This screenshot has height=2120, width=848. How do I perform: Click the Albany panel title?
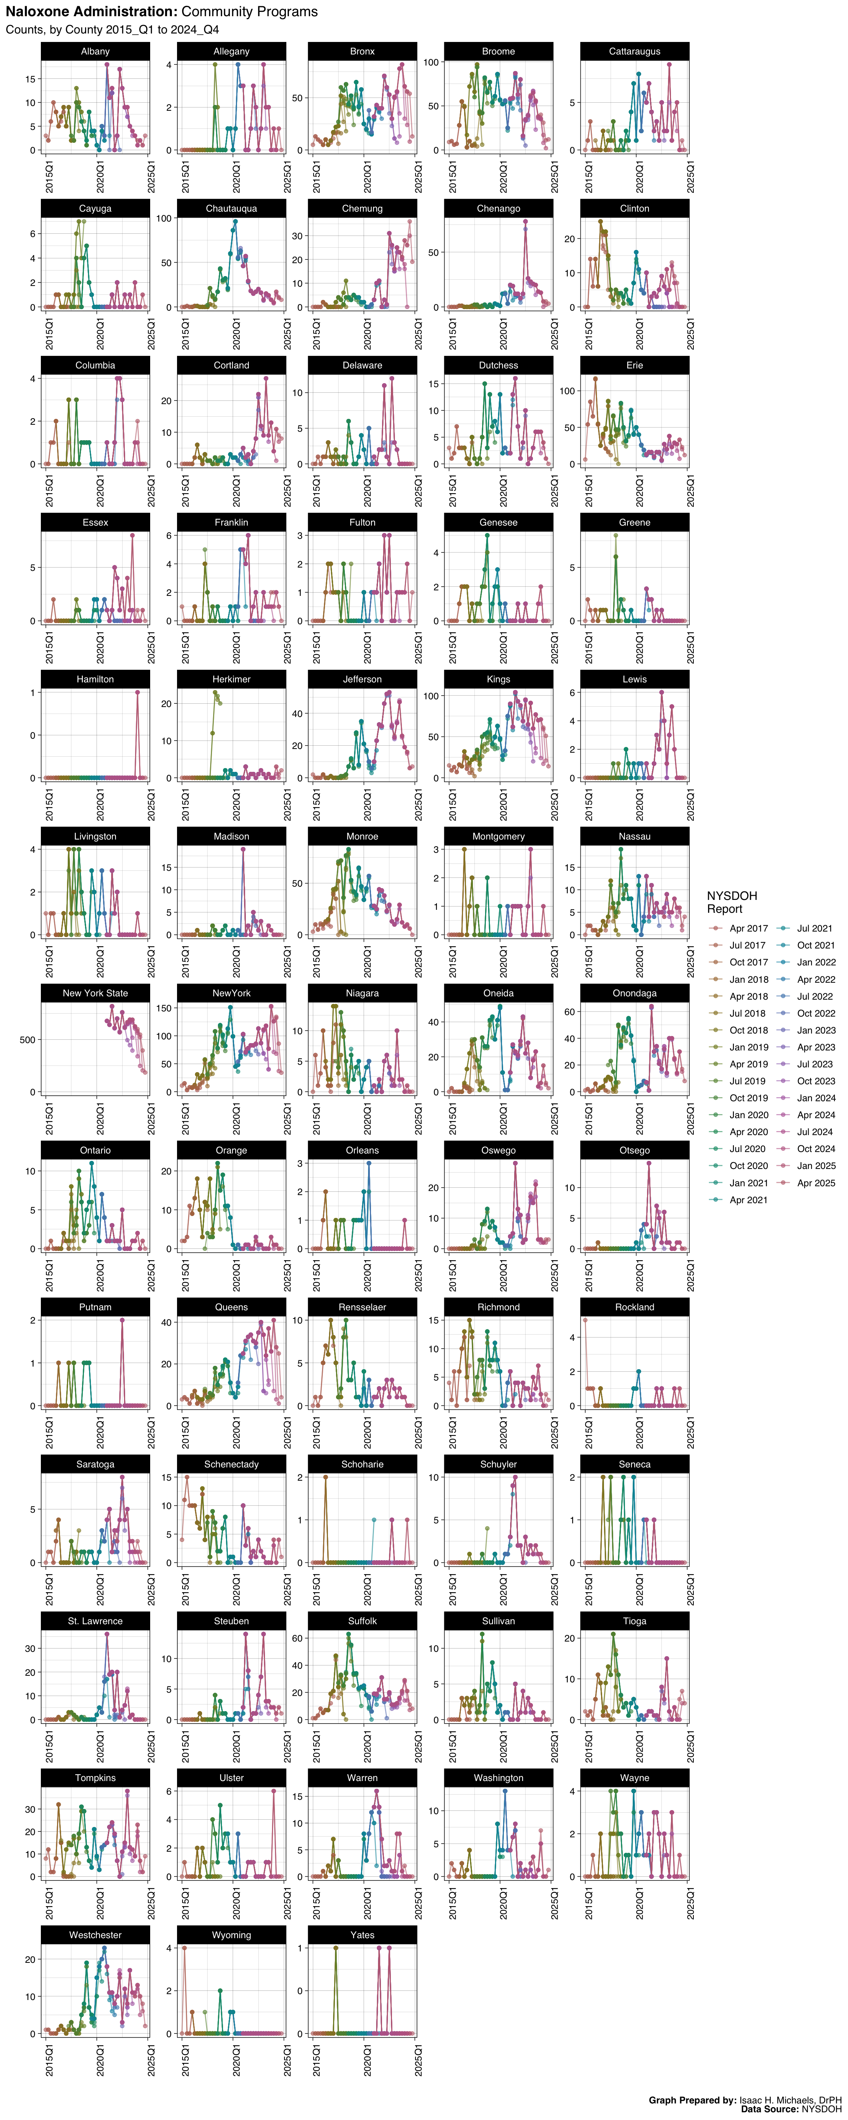point(95,51)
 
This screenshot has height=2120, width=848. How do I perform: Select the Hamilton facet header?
point(95,679)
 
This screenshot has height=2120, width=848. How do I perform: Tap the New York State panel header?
point(95,993)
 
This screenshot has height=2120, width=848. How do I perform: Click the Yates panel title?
point(362,1935)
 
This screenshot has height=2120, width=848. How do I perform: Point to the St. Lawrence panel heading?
point(95,1621)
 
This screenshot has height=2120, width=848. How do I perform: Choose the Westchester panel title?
point(95,1935)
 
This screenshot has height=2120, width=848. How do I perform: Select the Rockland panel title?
point(635,1307)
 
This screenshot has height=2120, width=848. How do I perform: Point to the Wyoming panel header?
point(232,1935)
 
